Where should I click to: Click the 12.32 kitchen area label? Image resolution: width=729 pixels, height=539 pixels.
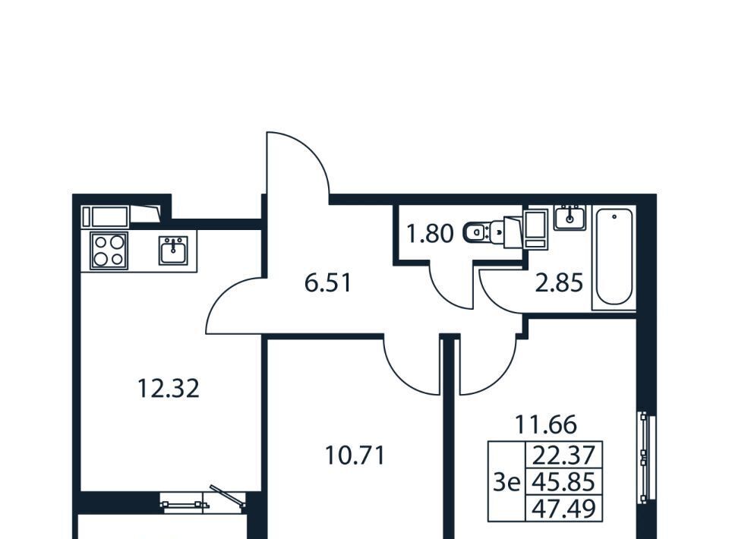coord(169,389)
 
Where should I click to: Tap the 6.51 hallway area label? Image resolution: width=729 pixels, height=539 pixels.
coord(328,282)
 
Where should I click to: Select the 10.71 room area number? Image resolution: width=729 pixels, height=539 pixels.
coord(355,455)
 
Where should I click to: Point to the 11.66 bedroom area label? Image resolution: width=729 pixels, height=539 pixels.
coord(546,424)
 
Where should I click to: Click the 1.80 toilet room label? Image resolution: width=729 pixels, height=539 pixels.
coord(430,233)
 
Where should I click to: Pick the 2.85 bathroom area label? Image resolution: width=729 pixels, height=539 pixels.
coord(559,282)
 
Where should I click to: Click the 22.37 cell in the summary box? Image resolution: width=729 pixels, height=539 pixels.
coord(563,455)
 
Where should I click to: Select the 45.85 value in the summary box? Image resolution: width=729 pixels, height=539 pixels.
coord(563,482)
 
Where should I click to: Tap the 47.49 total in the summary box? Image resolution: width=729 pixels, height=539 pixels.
coord(563,509)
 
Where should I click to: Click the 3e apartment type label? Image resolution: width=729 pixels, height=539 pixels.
coord(507,484)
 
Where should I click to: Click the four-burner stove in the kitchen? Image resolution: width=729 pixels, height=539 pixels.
coord(109,251)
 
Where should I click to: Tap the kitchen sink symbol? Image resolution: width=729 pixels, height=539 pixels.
coord(173,251)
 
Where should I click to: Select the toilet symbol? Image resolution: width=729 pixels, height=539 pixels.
coord(484,232)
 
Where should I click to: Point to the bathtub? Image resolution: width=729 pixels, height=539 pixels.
coord(614,259)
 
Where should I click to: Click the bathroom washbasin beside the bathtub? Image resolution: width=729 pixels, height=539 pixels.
coord(570,217)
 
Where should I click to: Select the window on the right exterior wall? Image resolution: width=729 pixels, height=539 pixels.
coord(647,457)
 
